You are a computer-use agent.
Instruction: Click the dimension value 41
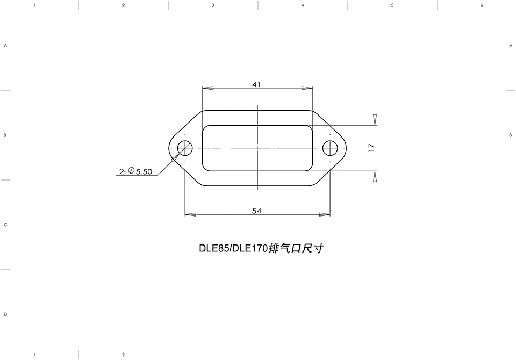click(x=256, y=84)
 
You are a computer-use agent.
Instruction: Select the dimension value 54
click(x=257, y=211)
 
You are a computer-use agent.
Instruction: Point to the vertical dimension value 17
click(x=371, y=148)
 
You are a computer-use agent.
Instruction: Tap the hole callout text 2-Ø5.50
click(x=137, y=172)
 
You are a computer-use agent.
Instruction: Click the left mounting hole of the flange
click(x=185, y=147)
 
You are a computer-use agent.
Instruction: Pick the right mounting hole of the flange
click(x=329, y=147)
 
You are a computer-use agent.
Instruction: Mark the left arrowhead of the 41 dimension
click(x=207, y=88)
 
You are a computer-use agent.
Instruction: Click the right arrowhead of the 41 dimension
click(x=307, y=88)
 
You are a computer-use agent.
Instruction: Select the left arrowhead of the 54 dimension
click(x=190, y=215)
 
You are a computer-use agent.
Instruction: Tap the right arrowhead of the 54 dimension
click(x=324, y=215)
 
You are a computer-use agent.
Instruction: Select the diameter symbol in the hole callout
click(x=131, y=171)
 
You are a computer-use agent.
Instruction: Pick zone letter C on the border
click(x=5, y=225)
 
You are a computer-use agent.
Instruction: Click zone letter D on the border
click(x=5, y=314)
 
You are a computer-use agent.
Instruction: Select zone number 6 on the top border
click(x=482, y=5)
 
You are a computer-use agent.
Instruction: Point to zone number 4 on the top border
click(x=303, y=5)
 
